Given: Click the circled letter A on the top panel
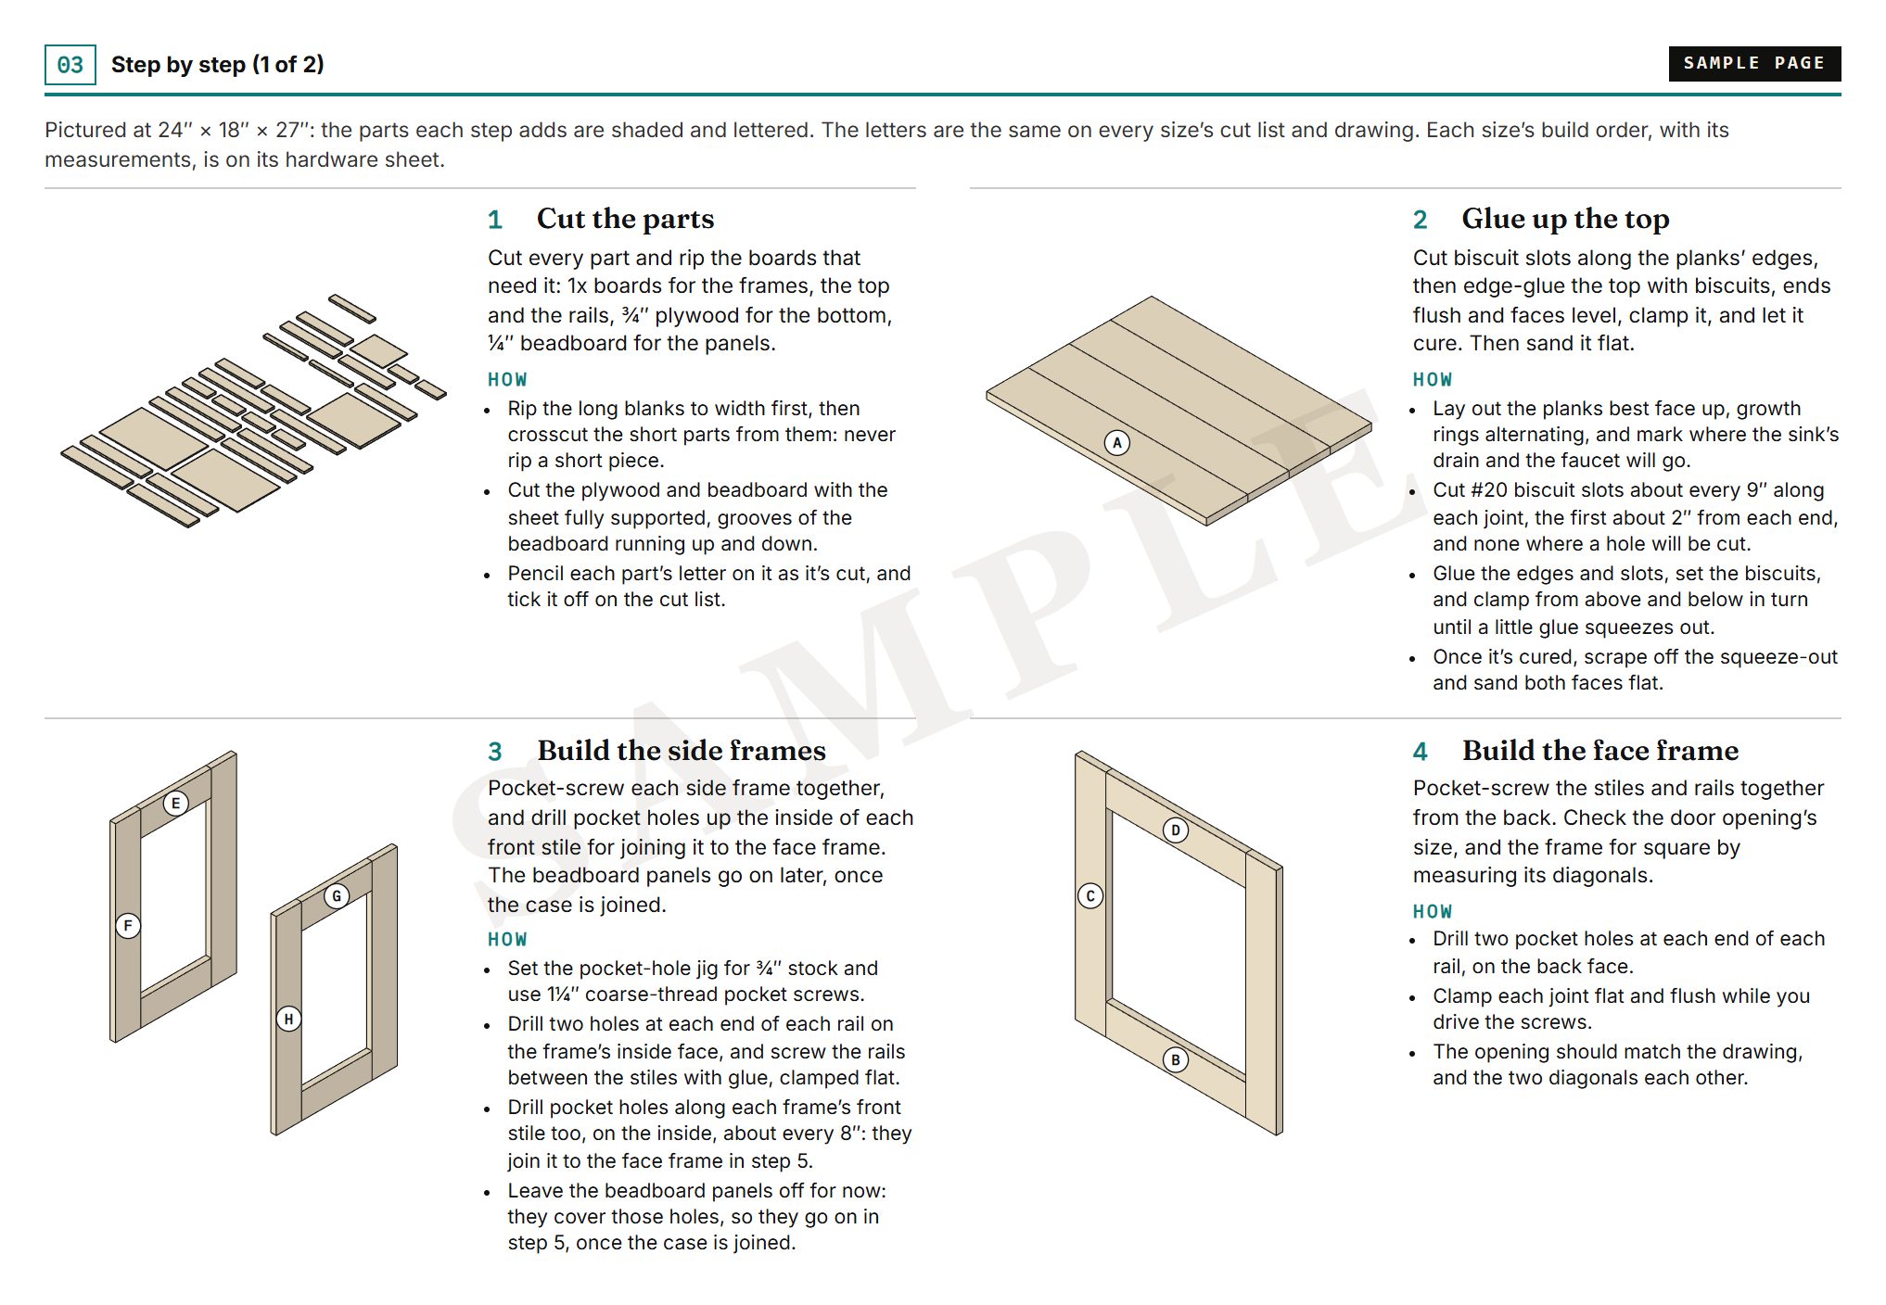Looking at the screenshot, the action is click(1117, 443).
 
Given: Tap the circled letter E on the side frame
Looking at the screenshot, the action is click(175, 803).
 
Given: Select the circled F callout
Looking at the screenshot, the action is click(128, 925).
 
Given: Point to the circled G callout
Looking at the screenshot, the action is click(337, 895).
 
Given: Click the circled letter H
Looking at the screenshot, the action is click(288, 1019).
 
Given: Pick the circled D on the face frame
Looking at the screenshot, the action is click(1176, 830).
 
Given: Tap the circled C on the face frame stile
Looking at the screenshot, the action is click(1090, 895).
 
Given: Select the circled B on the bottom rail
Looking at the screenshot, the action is click(1176, 1059).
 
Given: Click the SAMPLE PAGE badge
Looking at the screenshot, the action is click(1754, 63).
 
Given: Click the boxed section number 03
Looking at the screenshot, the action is click(70, 65).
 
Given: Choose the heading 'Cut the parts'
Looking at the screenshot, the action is click(625, 219).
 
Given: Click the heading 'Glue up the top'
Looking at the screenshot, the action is click(1565, 219).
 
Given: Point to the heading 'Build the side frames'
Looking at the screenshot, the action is click(682, 750).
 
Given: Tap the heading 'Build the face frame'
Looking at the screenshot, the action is click(1600, 750).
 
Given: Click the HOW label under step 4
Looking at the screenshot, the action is click(1433, 912).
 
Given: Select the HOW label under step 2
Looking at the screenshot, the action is click(1433, 380).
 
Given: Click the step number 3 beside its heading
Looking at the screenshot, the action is click(495, 752).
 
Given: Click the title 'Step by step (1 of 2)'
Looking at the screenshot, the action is click(217, 65).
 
